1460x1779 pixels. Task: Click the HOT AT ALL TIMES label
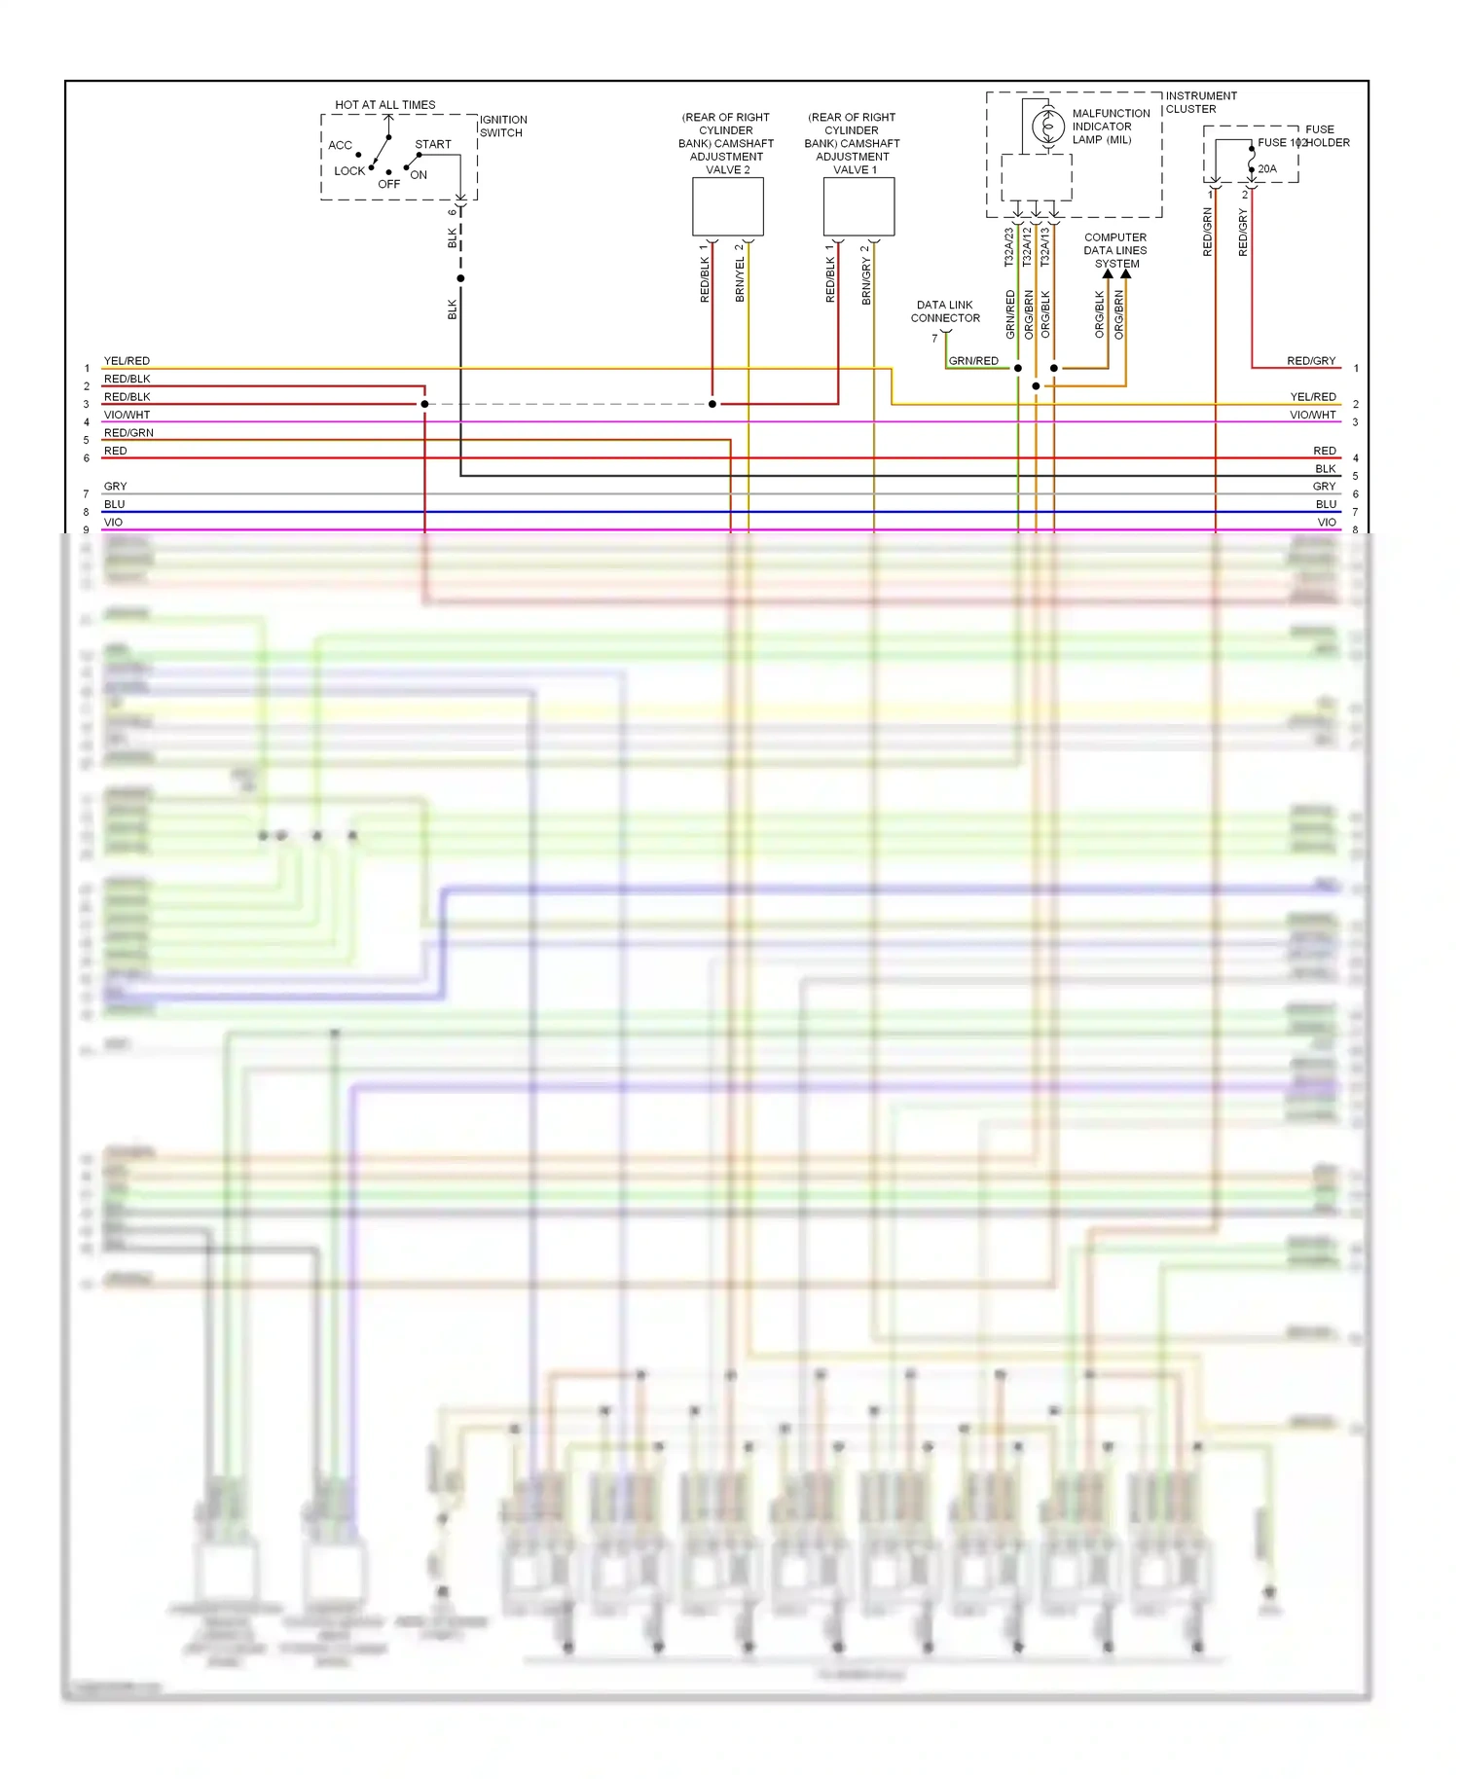384,104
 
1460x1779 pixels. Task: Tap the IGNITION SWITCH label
502,127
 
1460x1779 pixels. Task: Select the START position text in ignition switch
432,144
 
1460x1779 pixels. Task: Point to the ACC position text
340,145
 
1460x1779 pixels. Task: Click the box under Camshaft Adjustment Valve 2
727,206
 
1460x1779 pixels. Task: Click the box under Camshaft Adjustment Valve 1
858,206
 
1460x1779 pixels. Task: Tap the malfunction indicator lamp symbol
1047,127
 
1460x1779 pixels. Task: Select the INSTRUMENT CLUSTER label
1200,102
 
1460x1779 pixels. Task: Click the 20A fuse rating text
1266,168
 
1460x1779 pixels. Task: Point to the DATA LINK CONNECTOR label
944,311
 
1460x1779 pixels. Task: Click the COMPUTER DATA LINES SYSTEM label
1115,250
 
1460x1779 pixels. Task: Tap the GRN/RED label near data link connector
973,361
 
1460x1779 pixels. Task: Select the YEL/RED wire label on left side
127,361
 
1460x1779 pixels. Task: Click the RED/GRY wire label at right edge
1310,361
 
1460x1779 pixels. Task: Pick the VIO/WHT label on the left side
127,415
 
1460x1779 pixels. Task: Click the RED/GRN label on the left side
128,433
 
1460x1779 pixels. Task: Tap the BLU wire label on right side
1326,504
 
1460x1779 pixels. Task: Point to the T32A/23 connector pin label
1009,247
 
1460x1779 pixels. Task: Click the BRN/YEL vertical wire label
740,279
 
